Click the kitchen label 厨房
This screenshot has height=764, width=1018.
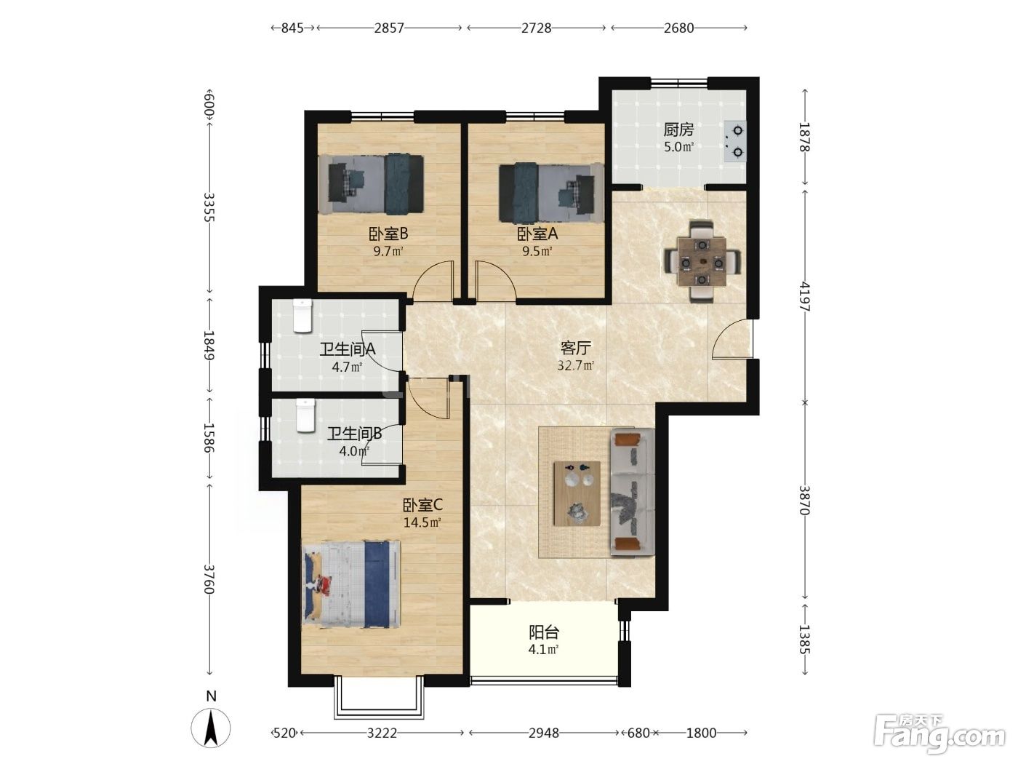678,130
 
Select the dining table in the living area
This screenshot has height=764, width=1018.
702,261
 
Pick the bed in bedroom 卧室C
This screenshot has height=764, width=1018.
351,584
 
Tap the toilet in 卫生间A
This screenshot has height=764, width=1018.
302,316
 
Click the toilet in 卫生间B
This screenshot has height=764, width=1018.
305,415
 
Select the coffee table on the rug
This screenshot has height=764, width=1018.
577,493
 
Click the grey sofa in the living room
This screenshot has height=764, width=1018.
632,492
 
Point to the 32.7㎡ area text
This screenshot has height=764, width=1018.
576,365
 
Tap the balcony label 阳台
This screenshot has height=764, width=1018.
544,632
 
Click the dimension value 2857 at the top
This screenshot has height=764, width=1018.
388,28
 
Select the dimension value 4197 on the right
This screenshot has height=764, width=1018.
804,297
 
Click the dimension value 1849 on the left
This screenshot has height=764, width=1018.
209,345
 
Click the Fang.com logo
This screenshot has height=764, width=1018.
939,734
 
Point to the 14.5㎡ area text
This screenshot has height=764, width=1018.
422,522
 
